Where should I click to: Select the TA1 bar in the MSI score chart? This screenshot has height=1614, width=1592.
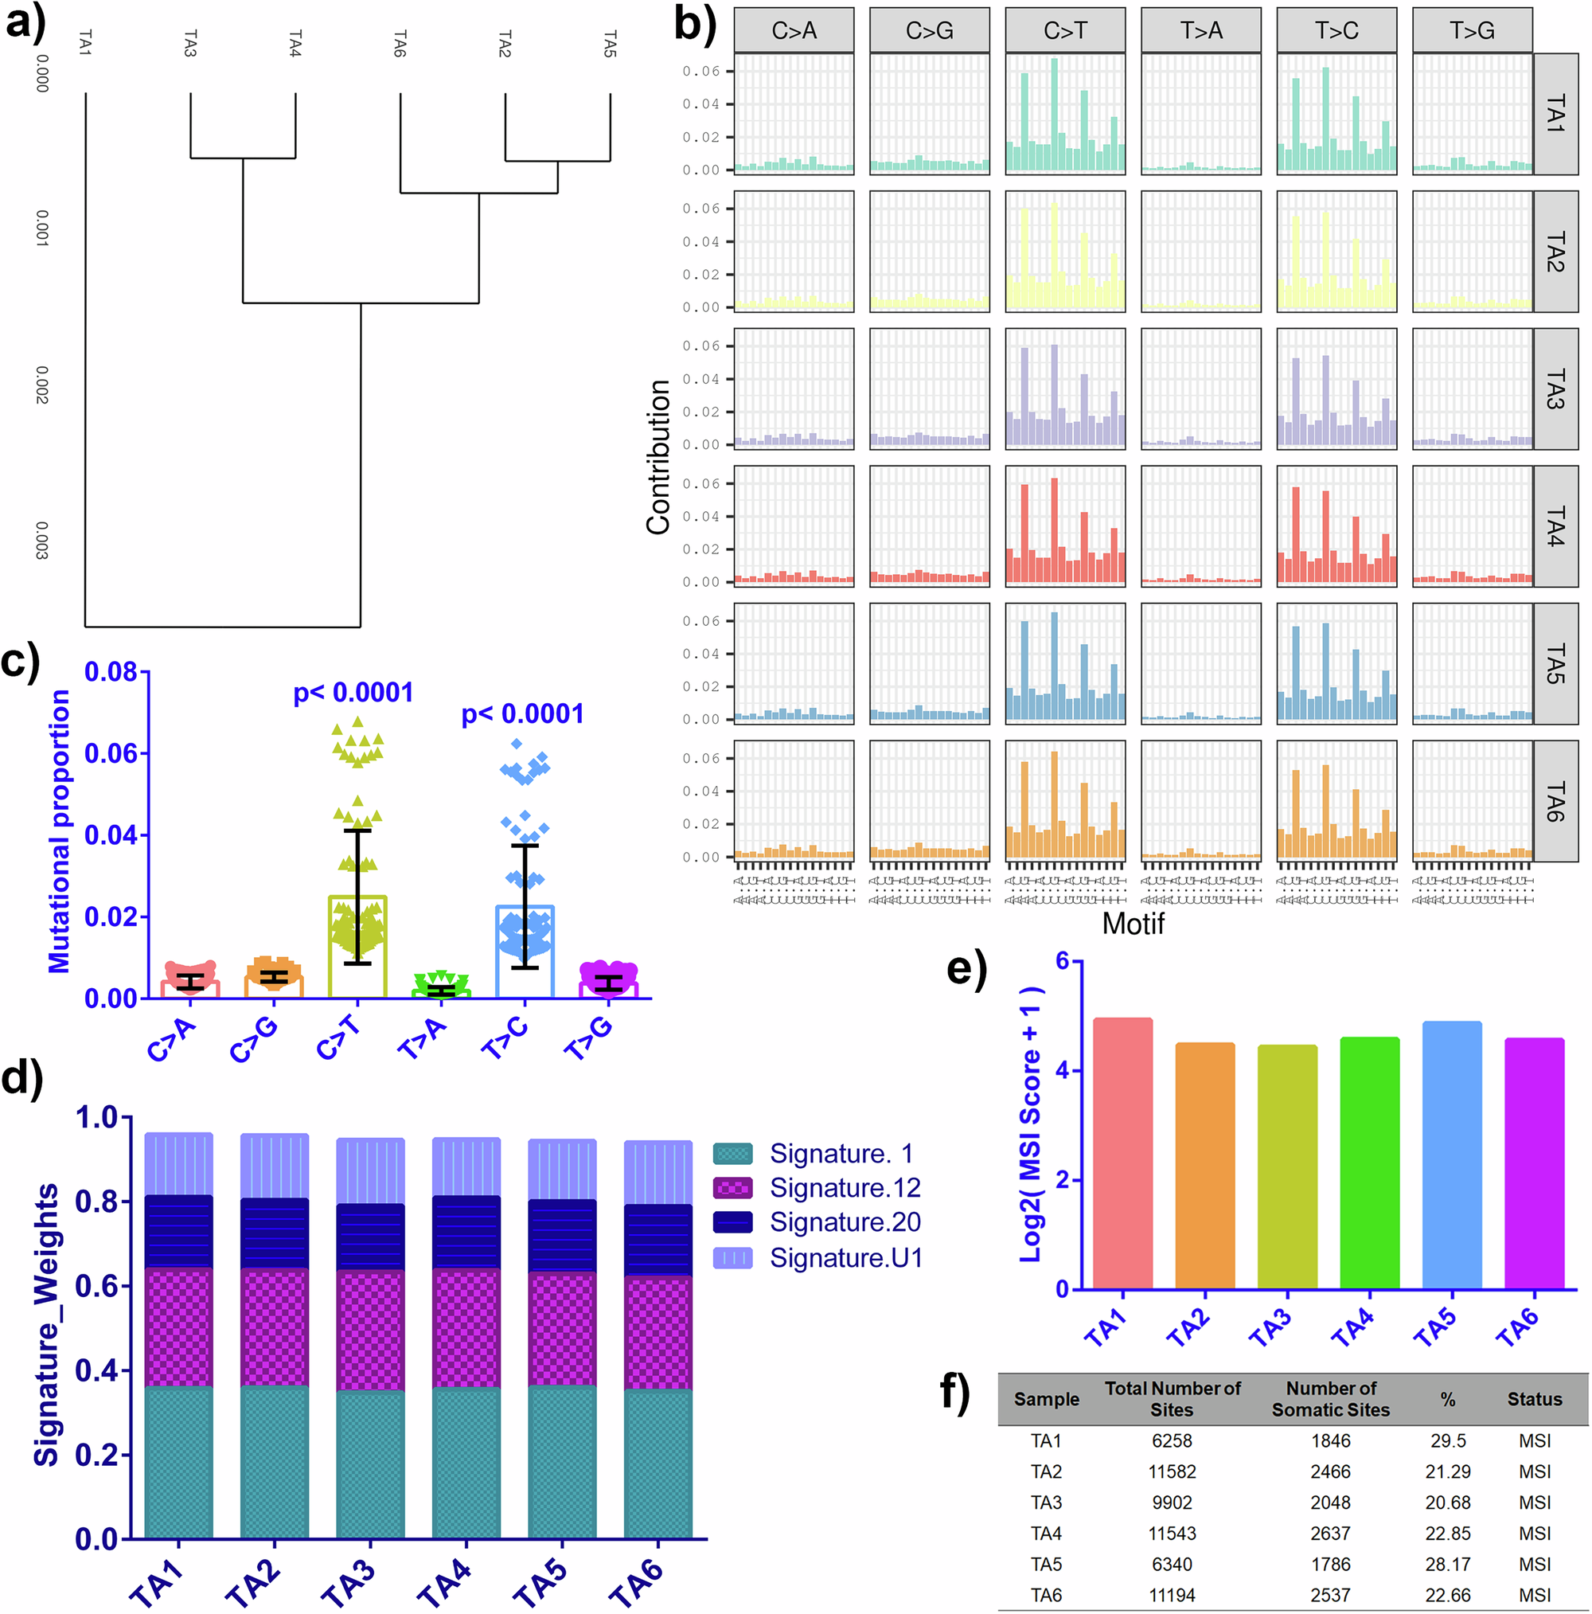(x=1122, y=1154)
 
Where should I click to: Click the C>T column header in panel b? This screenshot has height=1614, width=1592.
(x=1065, y=31)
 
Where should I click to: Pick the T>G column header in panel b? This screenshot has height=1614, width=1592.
(x=1472, y=31)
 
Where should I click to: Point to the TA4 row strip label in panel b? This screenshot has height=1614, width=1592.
(x=1555, y=526)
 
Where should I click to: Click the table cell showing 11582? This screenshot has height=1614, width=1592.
(x=1172, y=1472)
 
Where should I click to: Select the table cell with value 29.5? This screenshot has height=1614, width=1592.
(x=1447, y=1441)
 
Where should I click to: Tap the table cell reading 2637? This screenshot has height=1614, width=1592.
(x=1330, y=1534)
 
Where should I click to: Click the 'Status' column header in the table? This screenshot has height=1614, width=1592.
(x=1535, y=1399)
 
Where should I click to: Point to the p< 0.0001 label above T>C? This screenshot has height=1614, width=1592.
(x=523, y=714)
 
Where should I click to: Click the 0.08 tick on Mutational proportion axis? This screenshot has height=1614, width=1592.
(x=111, y=672)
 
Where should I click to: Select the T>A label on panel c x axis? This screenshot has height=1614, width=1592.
(x=423, y=1039)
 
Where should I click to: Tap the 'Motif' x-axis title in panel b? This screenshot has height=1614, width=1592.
(x=1133, y=924)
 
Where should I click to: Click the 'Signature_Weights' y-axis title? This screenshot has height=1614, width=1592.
(x=47, y=1324)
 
